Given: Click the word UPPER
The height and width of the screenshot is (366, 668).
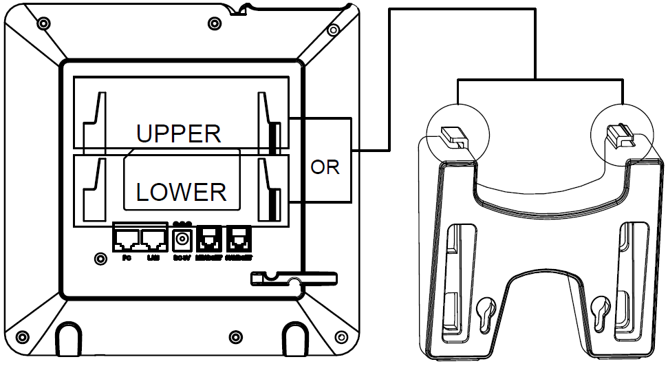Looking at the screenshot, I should click(178, 133).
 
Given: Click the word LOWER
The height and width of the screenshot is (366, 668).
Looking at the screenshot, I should click(181, 191).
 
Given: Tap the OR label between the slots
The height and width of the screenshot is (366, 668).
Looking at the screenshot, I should click(325, 167).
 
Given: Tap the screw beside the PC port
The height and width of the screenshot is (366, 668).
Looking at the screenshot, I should click(100, 259).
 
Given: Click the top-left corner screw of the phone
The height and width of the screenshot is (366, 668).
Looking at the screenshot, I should click(43, 24).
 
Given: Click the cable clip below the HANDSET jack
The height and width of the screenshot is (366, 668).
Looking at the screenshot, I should click(292, 279).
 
